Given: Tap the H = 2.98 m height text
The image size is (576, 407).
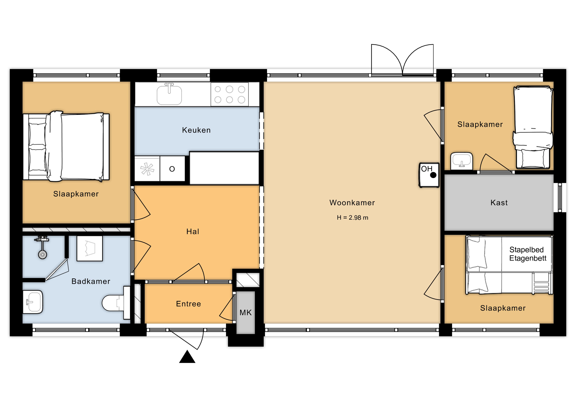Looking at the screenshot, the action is click(x=352, y=218).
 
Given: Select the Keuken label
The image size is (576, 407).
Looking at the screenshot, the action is click(x=196, y=130).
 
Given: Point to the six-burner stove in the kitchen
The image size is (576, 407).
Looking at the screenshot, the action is click(x=229, y=95).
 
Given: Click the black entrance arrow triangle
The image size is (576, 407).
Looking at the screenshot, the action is click(x=187, y=357).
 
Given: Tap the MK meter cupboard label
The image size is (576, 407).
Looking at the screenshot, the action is click(x=245, y=313).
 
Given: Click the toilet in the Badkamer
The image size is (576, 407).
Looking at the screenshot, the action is click(x=116, y=303).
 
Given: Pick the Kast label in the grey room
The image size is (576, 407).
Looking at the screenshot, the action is click(x=499, y=203).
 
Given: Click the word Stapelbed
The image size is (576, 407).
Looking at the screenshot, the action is click(x=526, y=250).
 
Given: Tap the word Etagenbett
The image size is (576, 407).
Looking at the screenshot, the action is click(x=528, y=258).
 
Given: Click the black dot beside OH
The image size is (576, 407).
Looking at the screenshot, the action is click(x=433, y=175).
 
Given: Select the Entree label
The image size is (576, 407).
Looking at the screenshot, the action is click(x=188, y=304).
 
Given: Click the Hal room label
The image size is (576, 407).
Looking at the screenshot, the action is click(x=193, y=231).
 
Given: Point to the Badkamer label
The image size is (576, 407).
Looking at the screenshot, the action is click(x=91, y=281).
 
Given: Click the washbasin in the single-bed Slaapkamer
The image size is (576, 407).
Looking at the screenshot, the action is click(x=462, y=161).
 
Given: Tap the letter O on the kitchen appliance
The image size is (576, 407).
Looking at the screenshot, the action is click(x=172, y=169).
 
